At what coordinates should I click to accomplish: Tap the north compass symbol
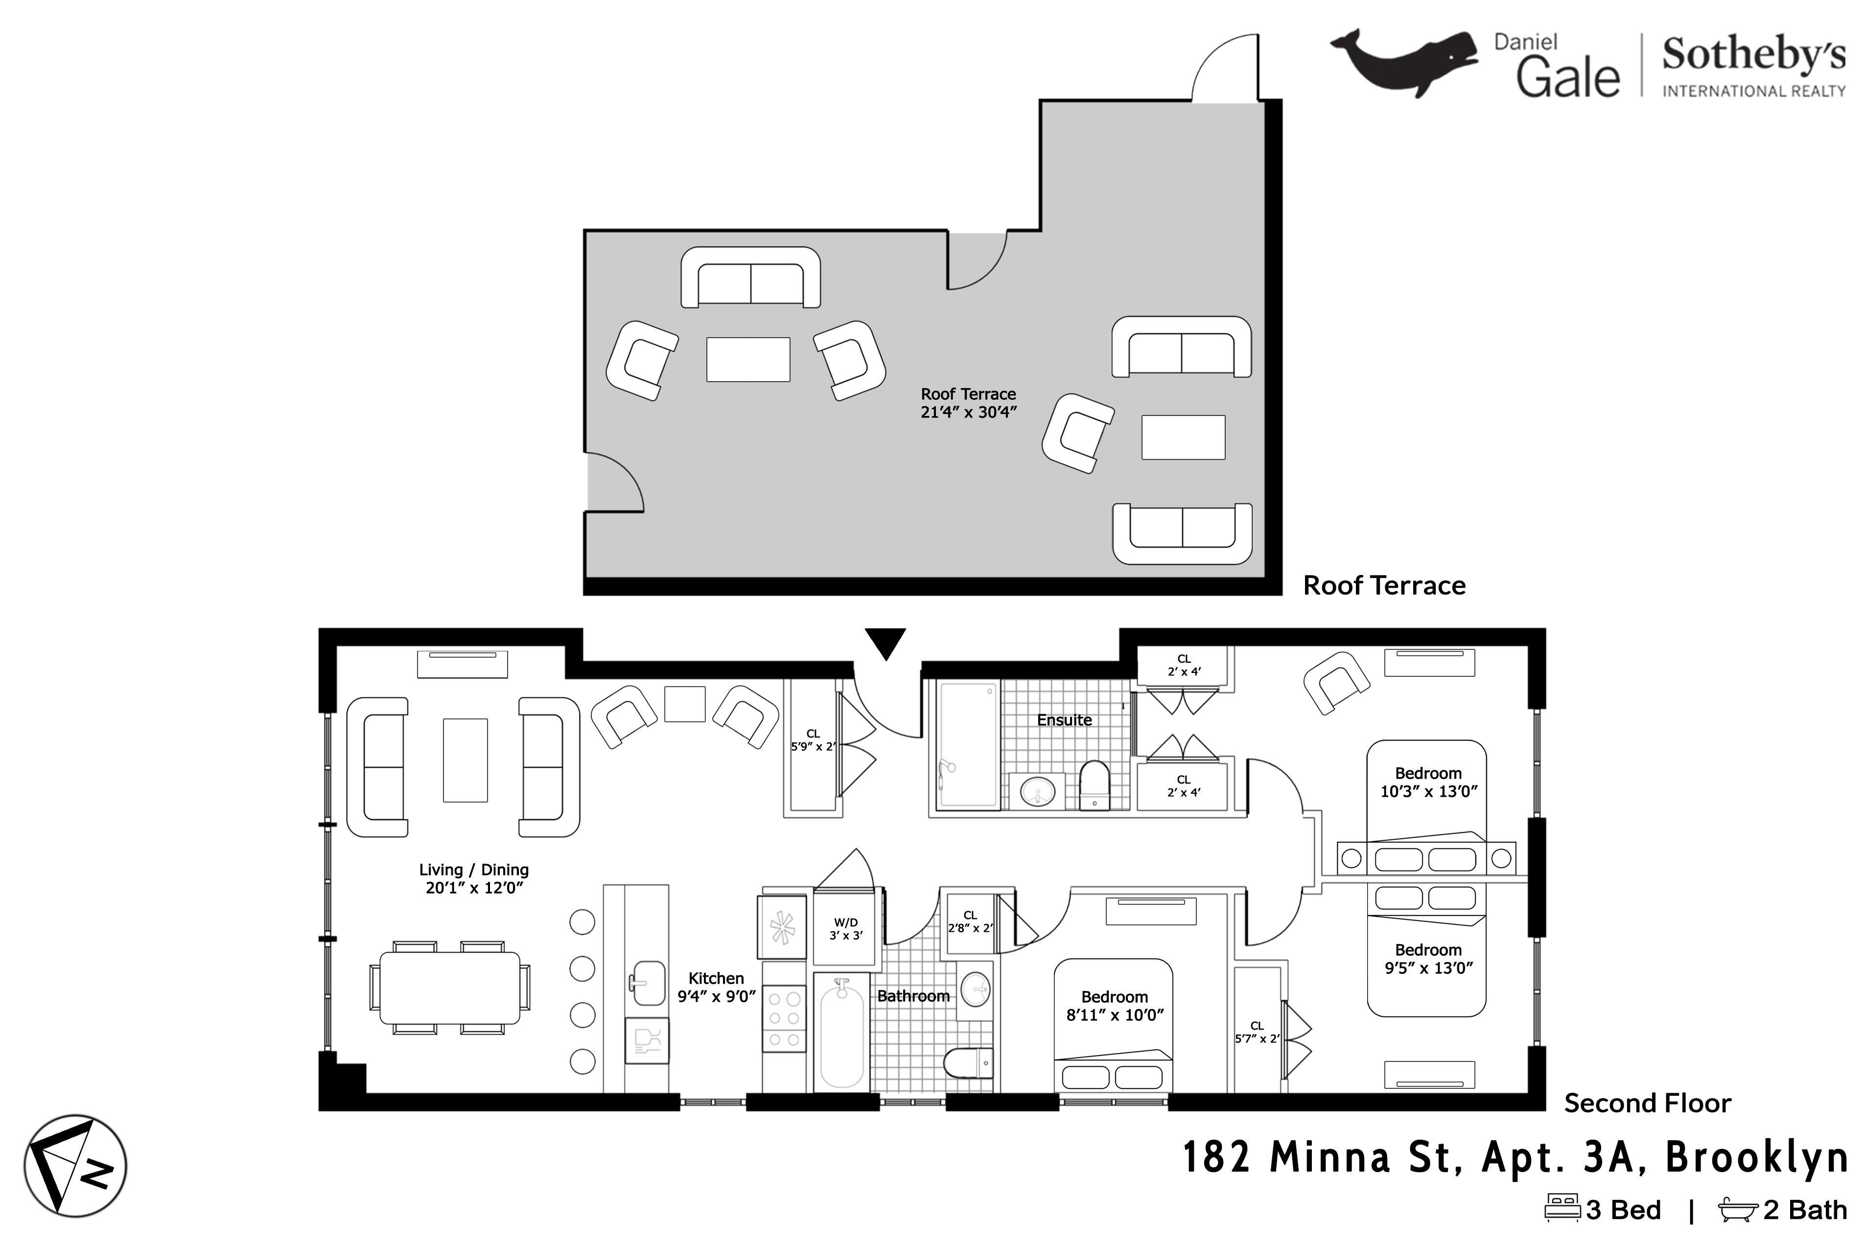click(75, 1166)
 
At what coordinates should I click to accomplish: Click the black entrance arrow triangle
click(885, 642)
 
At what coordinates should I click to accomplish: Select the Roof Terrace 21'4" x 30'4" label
click(968, 403)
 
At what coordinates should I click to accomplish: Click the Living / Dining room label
click(473, 878)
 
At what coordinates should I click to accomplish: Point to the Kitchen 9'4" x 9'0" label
click(716, 987)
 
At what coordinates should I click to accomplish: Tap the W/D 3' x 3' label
click(845, 928)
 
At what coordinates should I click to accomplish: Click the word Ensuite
click(1064, 720)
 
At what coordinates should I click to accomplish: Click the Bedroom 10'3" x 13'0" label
click(1428, 782)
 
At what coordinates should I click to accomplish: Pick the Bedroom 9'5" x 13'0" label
click(1428, 958)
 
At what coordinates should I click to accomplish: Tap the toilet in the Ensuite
click(1094, 785)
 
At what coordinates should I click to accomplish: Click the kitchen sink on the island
click(648, 984)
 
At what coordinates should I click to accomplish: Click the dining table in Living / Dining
click(449, 988)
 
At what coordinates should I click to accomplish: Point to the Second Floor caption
click(1647, 1103)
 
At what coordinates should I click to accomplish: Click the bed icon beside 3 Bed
click(1562, 1209)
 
